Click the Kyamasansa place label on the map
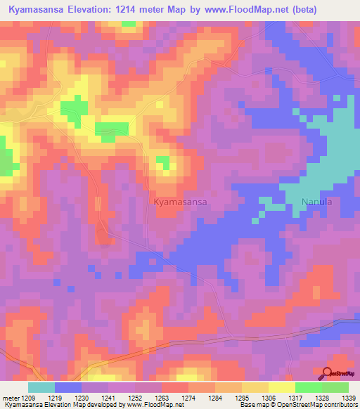pyautogui.click(x=180, y=202)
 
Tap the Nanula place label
pyautogui.click(x=316, y=202)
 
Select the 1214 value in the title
pyautogui.click(x=144, y=10)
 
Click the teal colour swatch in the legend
pyautogui.click(x=41, y=387)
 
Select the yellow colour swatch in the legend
pyautogui.click(x=281, y=387)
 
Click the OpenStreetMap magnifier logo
pyautogui.click(x=328, y=374)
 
